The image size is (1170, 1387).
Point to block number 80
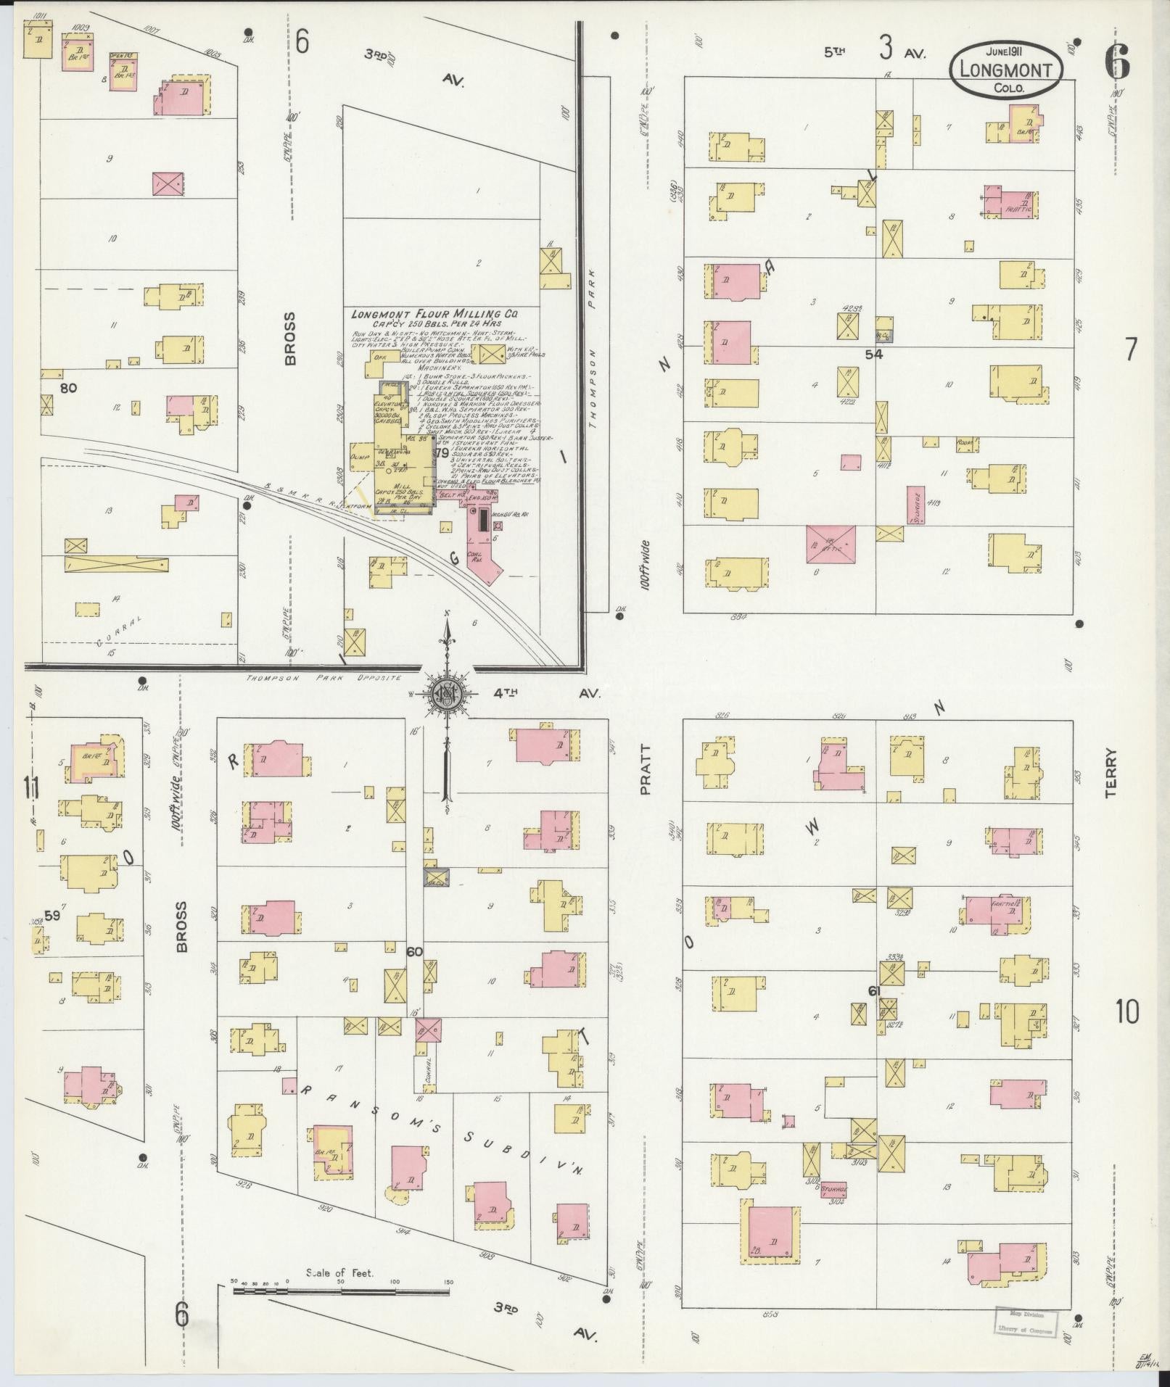(x=68, y=388)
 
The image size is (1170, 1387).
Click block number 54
(x=873, y=355)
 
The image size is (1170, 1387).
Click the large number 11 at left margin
(x=30, y=787)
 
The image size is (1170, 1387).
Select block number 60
(x=414, y=951)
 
